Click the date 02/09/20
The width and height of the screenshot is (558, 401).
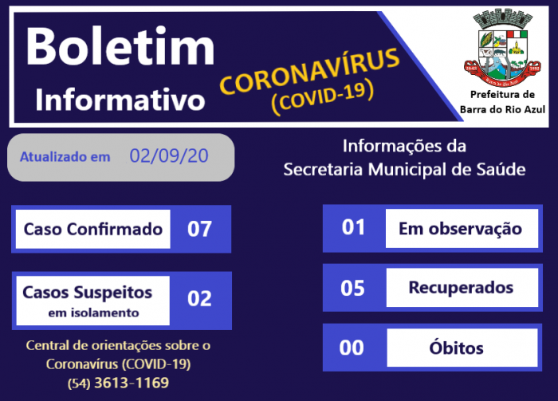click(169, 156)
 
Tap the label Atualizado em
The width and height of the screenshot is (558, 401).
click(65, 157)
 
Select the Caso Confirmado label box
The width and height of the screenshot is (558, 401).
click(93, 230)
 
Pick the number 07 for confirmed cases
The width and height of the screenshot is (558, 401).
click(199, 230)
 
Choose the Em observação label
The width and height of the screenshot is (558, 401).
click(460, 229)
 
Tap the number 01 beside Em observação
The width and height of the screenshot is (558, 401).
click(352, 228)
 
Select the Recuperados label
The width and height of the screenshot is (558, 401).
click(460, 288)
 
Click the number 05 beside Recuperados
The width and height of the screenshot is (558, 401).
click(352, 288)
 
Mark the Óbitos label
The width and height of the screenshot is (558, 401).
click(460, 348)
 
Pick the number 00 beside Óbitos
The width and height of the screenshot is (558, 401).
click(352, 348)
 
